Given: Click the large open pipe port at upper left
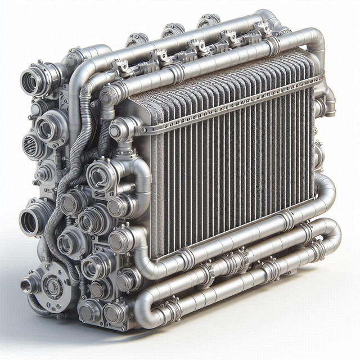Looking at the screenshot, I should [x=31, y=82].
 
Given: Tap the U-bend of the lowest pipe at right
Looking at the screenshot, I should [x=332, y=231].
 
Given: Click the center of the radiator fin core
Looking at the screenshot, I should [x=231, y=163].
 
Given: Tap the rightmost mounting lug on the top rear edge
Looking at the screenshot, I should [x=208, y=21].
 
